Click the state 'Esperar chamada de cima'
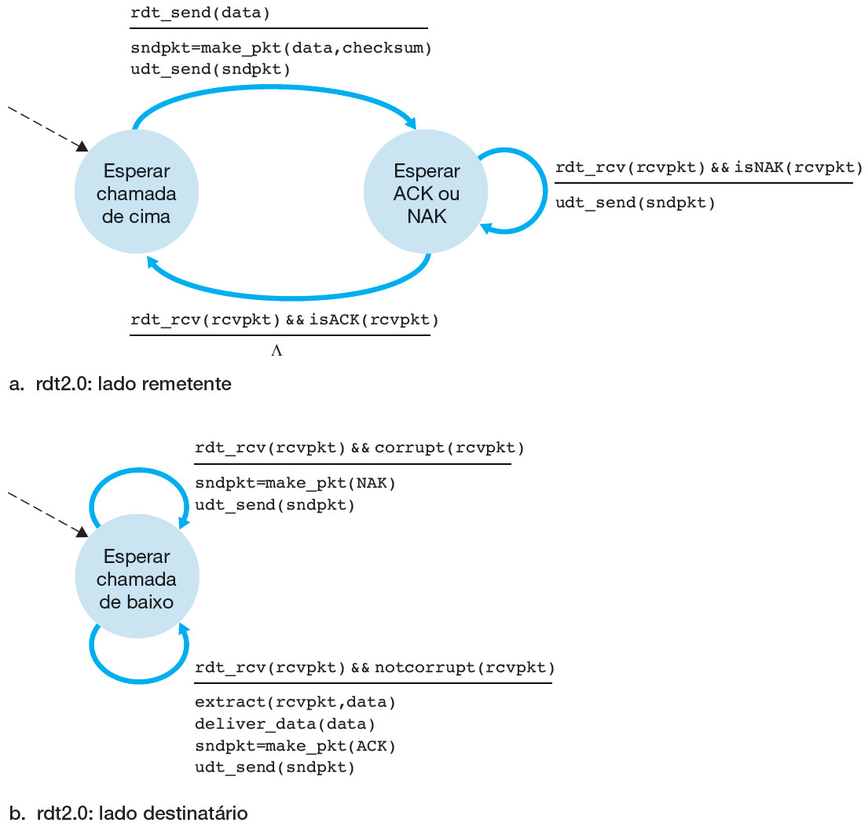click(x=136, y=193)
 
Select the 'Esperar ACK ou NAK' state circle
click(x=427, y=193)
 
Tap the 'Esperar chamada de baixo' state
click(x=137, y=579)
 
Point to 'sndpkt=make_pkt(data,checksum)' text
click(x=281, y=49)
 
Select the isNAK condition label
click(x=709, y=168)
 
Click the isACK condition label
click(x=284, y=320)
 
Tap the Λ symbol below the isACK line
click(x=277, y=352)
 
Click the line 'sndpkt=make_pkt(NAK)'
click(x=295, y=483)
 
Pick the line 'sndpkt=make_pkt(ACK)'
click(x=295, y=745)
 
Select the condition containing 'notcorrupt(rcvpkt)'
click(x=375, y=668)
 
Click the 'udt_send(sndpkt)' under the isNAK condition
click(x=635, y=203)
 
